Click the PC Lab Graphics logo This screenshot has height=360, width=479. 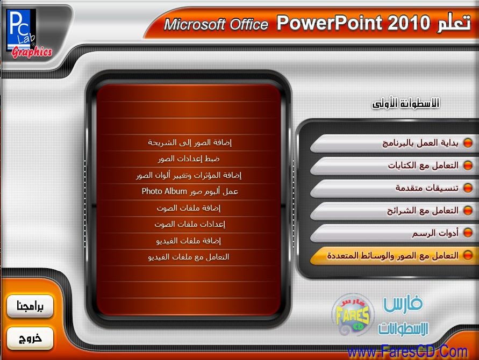coord(29,34)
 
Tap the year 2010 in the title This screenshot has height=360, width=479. coord(409,23)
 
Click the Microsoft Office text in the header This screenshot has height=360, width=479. coord(216,24)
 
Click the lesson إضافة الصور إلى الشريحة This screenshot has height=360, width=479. coord(190,142)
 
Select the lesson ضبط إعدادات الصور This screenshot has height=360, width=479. coord(189,159)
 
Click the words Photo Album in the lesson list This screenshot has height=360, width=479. coord(164,191)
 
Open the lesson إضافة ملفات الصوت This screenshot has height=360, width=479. coord(189,208)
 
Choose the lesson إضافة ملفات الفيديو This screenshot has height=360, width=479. coord(189,241)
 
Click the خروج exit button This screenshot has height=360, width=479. coord(30,339)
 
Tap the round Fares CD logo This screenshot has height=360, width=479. coord(353,314)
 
